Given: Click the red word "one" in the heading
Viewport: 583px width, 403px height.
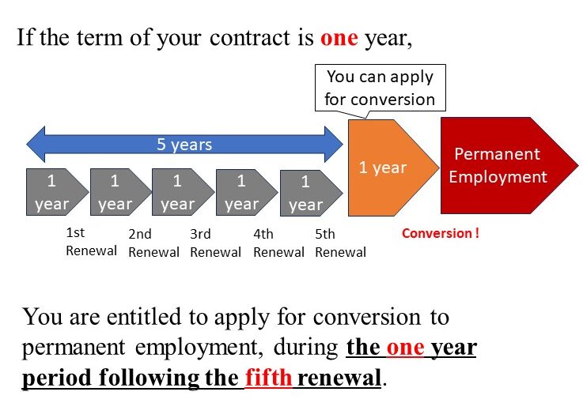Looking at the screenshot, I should coord(339,39).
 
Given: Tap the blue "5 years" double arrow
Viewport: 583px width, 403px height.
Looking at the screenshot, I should coord(184,145).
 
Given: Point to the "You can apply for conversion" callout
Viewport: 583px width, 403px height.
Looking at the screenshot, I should coord(380,88).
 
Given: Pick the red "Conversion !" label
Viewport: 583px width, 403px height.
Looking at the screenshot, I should coord(441,233).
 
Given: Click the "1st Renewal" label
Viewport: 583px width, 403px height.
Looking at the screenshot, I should coord(90,242).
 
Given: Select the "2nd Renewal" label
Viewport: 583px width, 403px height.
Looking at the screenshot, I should coord(153,243).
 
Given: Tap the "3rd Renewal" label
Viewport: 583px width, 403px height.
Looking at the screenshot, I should coord(215,243).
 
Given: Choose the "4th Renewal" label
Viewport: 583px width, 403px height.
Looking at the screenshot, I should coord(278,243).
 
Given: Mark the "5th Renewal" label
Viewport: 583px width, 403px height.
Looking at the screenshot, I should coord(340,243).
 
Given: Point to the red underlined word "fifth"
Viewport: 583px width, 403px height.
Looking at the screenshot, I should coord(269,377).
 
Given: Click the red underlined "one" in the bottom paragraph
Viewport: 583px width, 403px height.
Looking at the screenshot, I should coord(406,348).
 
